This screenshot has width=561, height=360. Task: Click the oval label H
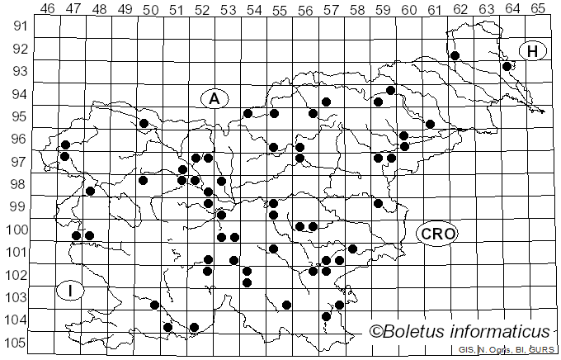coord(533,51)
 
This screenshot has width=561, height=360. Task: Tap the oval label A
coord(214,98)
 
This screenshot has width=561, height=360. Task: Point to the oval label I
coord(71,290)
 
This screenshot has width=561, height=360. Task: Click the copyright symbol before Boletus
coord(375,332)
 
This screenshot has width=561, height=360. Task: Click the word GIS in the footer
coord(466,350)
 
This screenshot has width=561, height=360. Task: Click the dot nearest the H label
coord(507,66)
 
